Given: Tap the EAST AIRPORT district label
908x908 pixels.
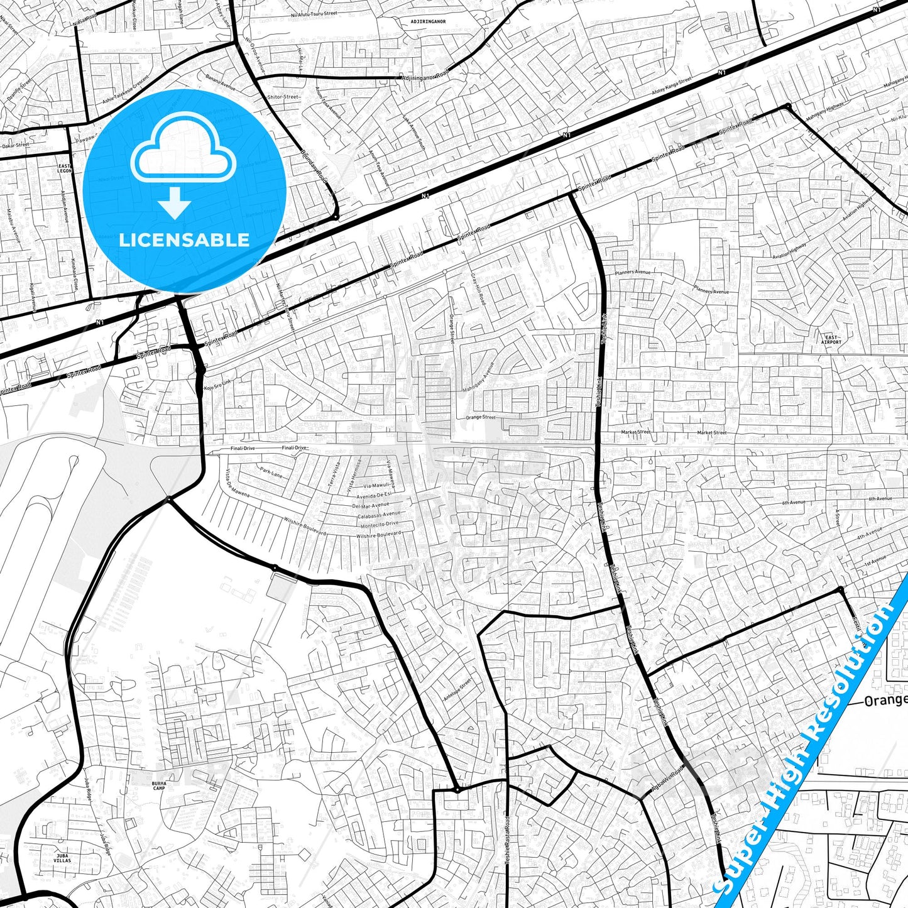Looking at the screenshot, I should [831, 339].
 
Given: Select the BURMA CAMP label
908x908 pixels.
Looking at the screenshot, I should [159, 785].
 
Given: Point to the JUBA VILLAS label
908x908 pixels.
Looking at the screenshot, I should [62, 858].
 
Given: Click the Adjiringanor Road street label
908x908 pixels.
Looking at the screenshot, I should [425, 77].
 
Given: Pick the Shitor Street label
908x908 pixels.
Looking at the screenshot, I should [283, 97].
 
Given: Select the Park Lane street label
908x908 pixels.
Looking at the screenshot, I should [271, 472].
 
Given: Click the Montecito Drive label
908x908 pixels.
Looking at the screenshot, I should [379, 524].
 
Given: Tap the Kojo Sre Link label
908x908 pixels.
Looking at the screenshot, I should [217, 385].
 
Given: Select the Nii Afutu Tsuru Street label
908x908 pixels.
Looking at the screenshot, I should [314, 14].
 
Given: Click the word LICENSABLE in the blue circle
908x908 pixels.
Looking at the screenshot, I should [184, 239].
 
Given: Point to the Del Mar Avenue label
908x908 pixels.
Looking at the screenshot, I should [370, 506].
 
